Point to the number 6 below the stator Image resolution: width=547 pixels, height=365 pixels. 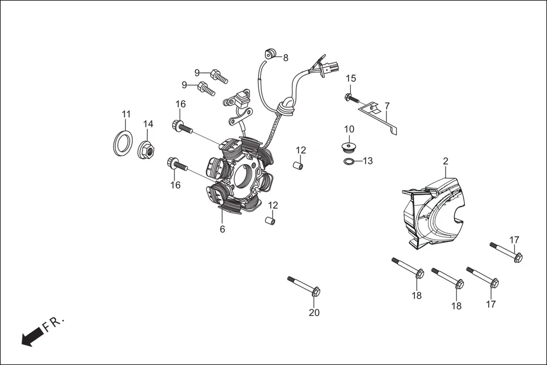[222, 229]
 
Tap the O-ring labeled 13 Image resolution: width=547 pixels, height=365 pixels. [349, 163]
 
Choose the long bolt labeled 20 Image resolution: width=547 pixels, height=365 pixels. [304, 285]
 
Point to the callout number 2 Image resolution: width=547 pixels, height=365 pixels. [446, 161]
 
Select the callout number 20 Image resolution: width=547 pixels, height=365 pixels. [314, 312]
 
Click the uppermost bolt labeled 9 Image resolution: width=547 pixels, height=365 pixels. [218, 74]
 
